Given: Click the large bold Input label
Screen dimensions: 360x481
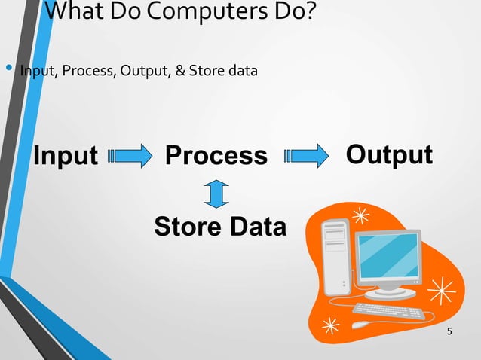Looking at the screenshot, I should (x=66, y=155).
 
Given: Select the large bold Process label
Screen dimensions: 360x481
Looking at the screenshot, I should (x=216, y=155).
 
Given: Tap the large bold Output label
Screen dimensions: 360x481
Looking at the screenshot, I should (x=388, y=154).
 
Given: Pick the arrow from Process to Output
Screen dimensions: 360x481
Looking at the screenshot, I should (x=306, y=156).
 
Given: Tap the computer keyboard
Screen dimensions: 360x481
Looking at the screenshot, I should (x=388, y=310).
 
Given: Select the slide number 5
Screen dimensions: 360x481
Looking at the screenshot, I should (x=450, y=332).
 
